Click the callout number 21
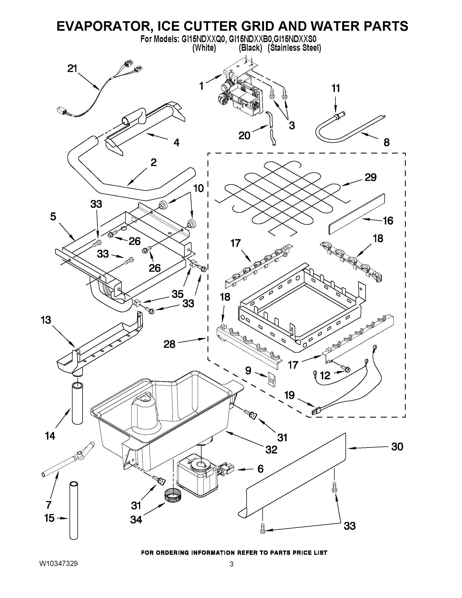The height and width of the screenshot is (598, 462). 73,68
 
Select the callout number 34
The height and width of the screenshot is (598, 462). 136,519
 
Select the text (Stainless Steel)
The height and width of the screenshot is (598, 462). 294,48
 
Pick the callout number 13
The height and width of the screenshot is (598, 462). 46,320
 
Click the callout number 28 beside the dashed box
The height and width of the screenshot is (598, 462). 169,344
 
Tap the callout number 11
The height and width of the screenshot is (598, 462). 335,88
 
